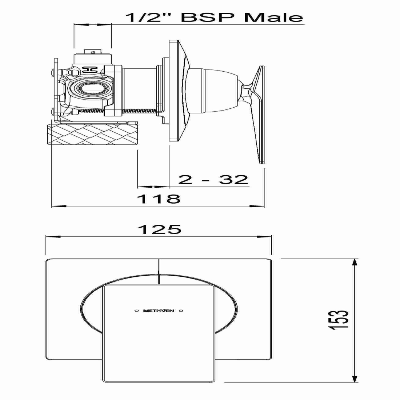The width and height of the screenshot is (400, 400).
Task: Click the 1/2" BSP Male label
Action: coord(214,17)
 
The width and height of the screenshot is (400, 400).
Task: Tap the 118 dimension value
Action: coord(159,199)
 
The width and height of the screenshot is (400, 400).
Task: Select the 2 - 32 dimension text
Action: coord(213,179)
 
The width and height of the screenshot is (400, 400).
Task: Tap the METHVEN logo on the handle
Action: coord(159,311)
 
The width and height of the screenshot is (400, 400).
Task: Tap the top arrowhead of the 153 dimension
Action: coord(355,263)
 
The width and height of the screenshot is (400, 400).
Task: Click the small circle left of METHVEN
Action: coord(136,311)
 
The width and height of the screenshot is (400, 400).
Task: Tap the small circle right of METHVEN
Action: coord(181,311)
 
